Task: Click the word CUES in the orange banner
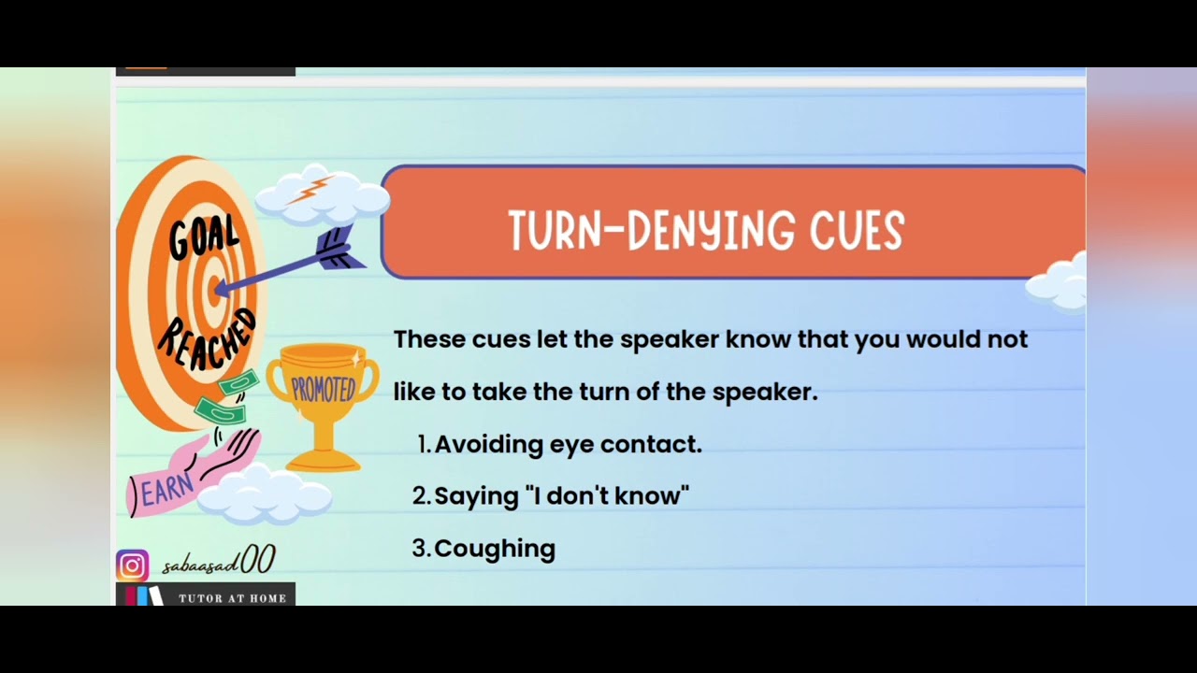857,231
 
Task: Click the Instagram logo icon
132,566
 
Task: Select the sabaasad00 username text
218,564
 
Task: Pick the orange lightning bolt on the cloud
309,189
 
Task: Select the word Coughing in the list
495,548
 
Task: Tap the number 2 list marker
421,496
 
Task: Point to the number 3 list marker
421,549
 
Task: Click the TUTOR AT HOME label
232,598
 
